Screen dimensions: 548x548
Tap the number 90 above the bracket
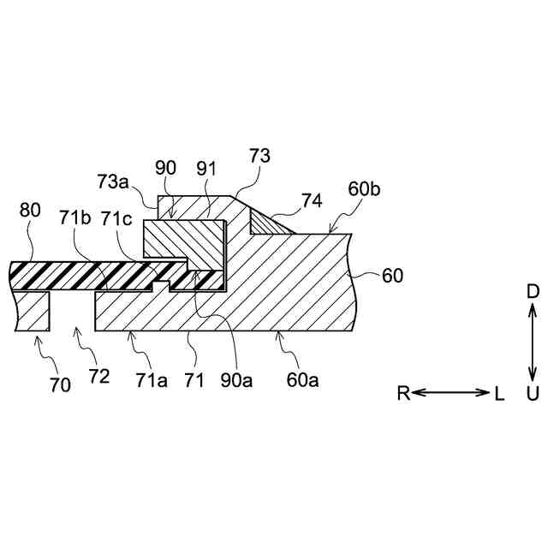tap(165, 168)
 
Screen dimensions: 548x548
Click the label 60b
tap(363, 189)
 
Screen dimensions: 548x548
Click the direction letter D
tap(533, 292)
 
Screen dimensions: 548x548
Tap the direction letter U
tap(533, 394)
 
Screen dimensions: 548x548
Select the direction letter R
tap(403, 393)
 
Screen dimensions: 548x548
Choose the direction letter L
tap(498, 393)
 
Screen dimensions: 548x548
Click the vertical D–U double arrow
tap(533, 342)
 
